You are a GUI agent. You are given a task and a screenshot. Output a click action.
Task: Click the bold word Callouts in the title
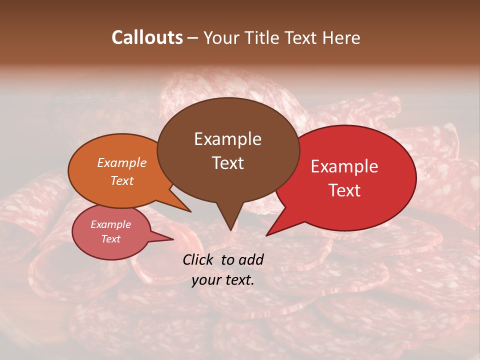tap(147, 37)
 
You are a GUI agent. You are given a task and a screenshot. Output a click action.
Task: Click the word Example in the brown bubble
tap(227, 139)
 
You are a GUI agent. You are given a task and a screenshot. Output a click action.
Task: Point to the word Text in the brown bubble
tap(227, 162)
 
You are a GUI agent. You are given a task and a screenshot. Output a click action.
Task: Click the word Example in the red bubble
tap(344, 166)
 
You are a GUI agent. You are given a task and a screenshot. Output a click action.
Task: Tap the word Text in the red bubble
tap(344, 190)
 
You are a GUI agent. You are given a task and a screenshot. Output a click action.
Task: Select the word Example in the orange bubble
tap(122, 162)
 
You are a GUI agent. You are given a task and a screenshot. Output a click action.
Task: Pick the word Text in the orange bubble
tap(122, 180)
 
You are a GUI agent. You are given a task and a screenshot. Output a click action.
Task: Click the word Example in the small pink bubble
tap(111, 224)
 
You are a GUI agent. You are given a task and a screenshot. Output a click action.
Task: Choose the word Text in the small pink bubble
tap(111, 239)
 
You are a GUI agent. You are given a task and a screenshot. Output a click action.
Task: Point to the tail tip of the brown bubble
tap(230, 230)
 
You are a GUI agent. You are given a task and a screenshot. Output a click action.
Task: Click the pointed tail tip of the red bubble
tap(266, 235)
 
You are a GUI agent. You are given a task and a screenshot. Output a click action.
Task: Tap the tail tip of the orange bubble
tap(190, 211)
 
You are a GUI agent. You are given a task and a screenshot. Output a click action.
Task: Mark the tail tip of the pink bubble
tap(173, 239)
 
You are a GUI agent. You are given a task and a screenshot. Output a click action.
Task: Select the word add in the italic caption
tap(251, 259)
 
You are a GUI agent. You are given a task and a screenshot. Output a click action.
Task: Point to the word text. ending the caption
tap(238, 280)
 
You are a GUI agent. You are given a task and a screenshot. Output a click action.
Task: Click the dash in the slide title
tap(193, 38)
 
